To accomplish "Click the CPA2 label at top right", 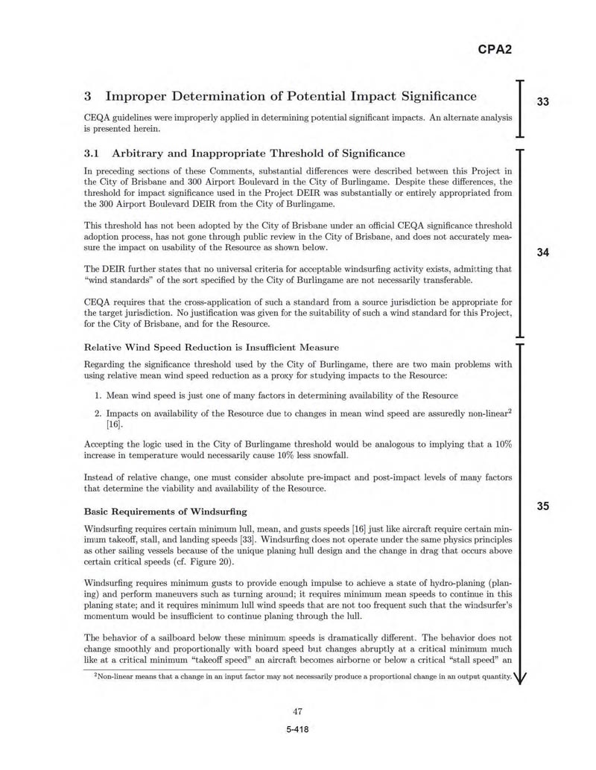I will pos(495,51).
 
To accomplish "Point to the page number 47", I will pos(297,711).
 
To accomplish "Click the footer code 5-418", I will pos(297,729).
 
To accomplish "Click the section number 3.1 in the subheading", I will pos(92,153).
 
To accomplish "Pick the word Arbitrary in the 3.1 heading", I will pos(142,153).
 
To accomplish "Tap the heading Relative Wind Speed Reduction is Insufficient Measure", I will pos(212,347).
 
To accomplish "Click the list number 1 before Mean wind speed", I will pos(98,395).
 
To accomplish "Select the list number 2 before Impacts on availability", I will pos(98,413).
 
